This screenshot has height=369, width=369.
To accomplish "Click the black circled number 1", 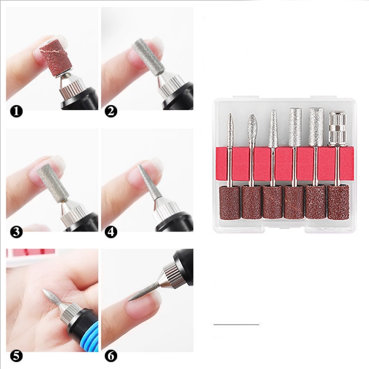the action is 16,111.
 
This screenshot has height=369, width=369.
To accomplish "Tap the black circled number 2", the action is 111,111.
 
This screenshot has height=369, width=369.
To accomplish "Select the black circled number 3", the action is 16,232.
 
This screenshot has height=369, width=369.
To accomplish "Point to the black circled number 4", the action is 111,232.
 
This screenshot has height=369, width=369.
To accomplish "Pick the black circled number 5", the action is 16,356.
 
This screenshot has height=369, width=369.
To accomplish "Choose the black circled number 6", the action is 111,356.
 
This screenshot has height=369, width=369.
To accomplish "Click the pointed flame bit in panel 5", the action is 52,298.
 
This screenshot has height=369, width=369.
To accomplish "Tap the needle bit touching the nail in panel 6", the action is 143,292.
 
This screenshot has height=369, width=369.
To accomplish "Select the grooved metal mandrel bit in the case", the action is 338,128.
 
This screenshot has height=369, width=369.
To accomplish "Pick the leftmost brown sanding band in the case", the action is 230,203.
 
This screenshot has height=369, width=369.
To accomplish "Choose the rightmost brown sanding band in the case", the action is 338,202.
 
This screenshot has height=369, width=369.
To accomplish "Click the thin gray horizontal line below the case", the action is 236,325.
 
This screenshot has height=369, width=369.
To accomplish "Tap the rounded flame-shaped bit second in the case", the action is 251,130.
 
